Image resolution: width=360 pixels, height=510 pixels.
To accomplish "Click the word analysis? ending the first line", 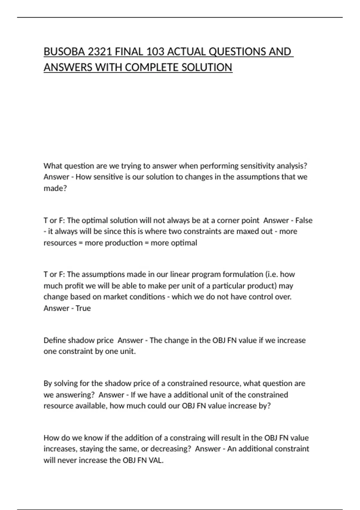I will (292, 166).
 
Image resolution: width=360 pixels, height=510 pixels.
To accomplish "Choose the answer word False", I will (304, 220).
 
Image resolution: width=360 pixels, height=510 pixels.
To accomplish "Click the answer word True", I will (83, 308).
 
